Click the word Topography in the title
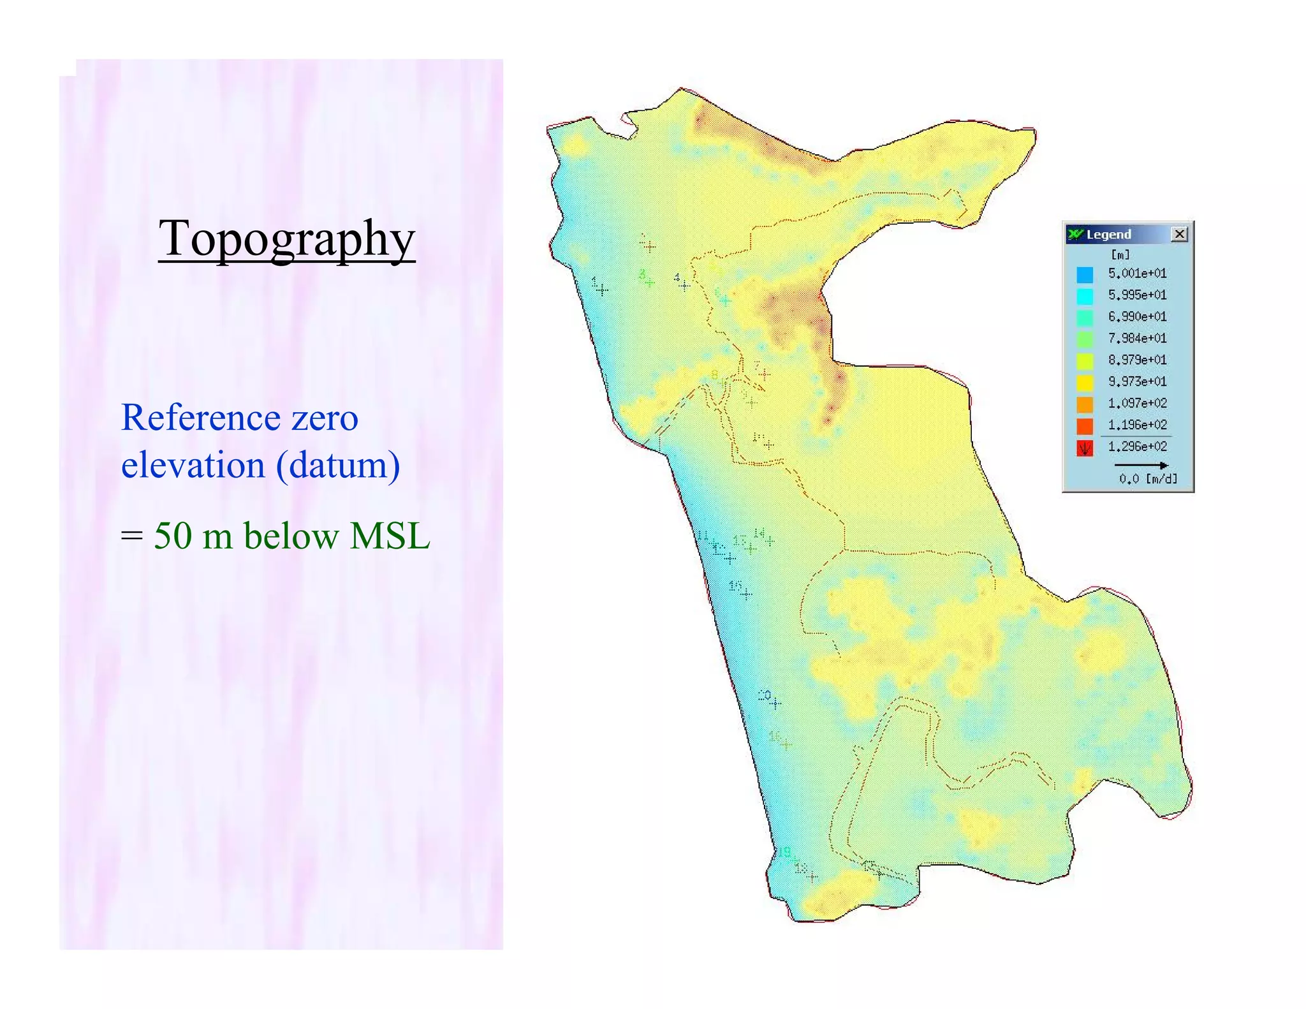[x=287, y=238]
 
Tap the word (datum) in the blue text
[x=338, y=465]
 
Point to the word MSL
[x=390, y=536]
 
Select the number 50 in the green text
[x=173, y=536]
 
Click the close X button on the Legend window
[x=1179, y=234]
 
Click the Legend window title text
[x=1108, y=235]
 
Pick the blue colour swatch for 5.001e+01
[x=1085, y=274]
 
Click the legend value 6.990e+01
[x=1137, y=317]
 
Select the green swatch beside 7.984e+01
[x=1085, y=339]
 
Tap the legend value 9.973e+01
[x=1137, y=381]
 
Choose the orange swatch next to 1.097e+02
[x=1085, y=404]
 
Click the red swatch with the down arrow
[x=1085, y=448]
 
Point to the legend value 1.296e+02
[x=1137, y=446]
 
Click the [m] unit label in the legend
[x=1120, y=254]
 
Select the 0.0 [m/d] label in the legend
[x=1148, y=478]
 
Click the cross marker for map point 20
[x=775, y=703]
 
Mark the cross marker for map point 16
[x=786, y=744]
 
